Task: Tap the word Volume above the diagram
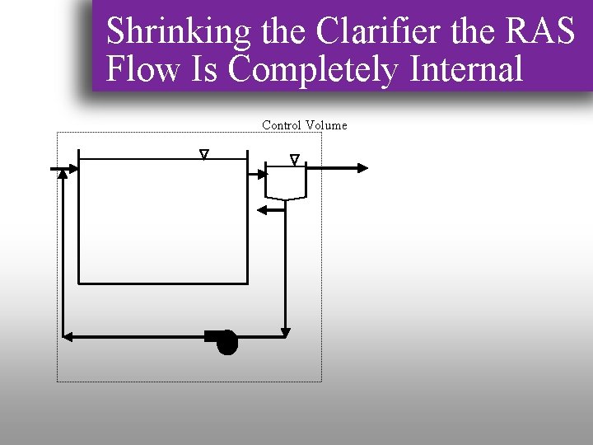(x=327, y=125)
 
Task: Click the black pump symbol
(x=226, y=340)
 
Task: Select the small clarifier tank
(x=286, y=182)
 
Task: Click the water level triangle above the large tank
(x=204, y=154)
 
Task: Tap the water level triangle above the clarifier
(x=295, y=159)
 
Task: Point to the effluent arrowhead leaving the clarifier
(x=362, y=168)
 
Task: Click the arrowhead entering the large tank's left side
(x=72, y=169)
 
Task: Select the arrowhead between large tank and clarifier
(x=261, y=173)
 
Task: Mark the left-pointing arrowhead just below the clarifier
(x=264, y=210)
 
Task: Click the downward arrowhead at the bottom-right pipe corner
(x=285, y=331)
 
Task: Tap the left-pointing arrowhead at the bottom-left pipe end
(x=68, y=335)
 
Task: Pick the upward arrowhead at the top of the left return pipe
(x=63, y=174)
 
